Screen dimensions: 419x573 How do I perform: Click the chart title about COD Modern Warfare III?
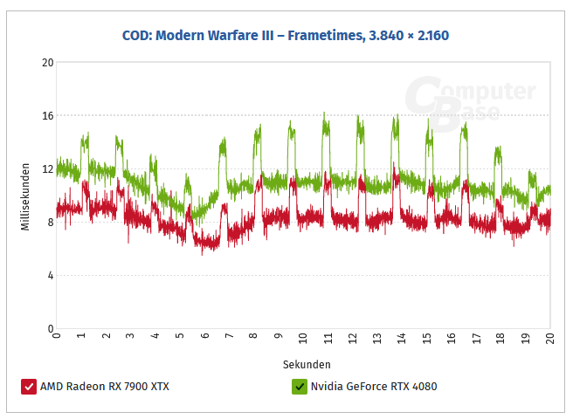click(286, 36)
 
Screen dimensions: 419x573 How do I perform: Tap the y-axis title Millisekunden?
click(26, 196)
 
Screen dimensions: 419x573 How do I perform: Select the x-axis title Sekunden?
click(307, 363)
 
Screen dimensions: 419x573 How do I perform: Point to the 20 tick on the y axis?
click(47, 62)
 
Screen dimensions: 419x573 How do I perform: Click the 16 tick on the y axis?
click(47, 115)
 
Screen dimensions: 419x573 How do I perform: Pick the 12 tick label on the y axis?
click(47, 168)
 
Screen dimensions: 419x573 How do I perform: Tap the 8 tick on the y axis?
click(50, 222)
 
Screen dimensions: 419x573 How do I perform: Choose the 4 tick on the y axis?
click(50, 275)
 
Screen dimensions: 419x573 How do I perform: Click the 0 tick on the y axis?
click(50, 328)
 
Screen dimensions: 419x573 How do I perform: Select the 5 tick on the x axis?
click(180, 337)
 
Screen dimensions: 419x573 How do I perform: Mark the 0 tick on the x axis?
click(57, 337)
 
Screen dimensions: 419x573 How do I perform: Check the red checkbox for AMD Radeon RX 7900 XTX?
click(29, 386)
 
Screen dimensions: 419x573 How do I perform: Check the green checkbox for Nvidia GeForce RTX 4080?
click(300, 386)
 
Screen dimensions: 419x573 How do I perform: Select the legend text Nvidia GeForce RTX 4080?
click(374, 386)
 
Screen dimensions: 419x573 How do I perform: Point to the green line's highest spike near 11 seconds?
click(324, 113)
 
